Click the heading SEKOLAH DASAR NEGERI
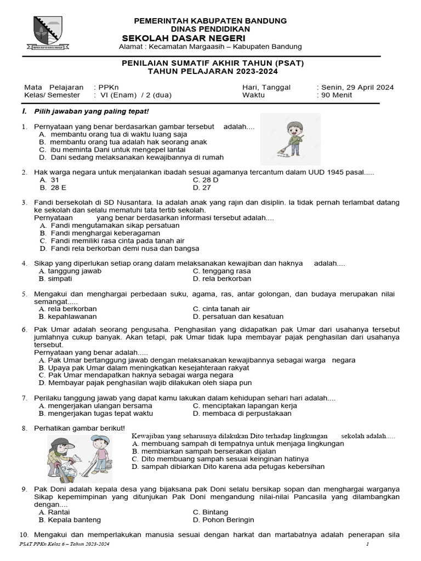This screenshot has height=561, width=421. pyautogui.click(x=183, y=37)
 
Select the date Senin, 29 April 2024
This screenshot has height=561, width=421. pyautogui.click(x=356, y=87)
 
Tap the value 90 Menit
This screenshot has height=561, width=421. pyautogui.click(x=337, y=95)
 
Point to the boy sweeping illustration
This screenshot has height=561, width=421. pyautogui.click(x=290, y=139)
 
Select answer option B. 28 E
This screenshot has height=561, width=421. pyautogui.click(x=49, y=187)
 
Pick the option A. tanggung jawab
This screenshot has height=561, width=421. pyautogui.click(x=70, y=271)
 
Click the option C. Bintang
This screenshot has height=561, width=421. pyautogui.click(x=210, y=512)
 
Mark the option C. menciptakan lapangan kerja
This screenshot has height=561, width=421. pyautogui.click(x=245, y=405)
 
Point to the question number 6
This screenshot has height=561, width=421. pyautogui.click(x=25, y=329)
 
